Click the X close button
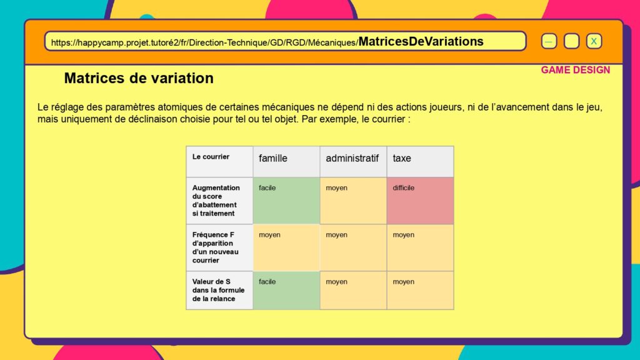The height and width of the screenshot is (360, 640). point(594,41)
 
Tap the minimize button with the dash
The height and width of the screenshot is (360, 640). point(549,41)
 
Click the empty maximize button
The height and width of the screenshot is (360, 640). point(571,41)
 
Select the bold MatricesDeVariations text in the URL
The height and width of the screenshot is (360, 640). point(421,41)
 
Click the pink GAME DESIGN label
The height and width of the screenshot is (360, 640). point(576,70)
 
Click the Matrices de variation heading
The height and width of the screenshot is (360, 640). point(139,78)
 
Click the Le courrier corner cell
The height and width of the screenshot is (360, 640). point(219,162)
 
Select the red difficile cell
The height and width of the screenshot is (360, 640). point(421,201)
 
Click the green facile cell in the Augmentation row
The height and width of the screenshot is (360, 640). point(286,201)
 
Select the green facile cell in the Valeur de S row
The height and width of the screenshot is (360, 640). point(286,290)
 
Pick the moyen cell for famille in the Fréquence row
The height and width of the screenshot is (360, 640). point(286,247)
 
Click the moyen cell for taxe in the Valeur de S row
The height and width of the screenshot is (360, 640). point(421,290)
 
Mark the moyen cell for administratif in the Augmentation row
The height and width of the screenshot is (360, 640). point(354,201)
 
